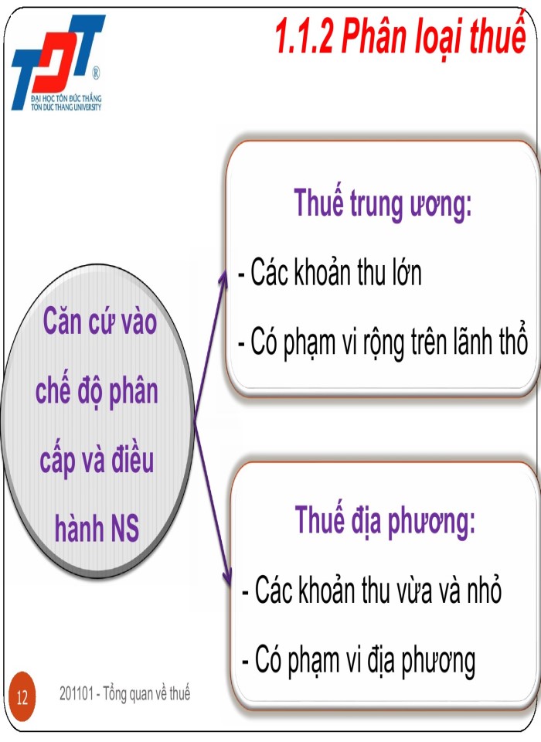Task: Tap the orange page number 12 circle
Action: [22, 698]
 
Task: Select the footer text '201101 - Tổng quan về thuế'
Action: [124, 694]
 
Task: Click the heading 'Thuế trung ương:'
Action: [383, 204]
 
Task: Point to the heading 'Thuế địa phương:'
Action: [384, 521]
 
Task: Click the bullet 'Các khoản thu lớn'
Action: [331, 274]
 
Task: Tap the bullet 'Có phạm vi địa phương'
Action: [358, 660]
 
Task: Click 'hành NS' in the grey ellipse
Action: [97, 530]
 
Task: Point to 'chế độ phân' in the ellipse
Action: [97, 391]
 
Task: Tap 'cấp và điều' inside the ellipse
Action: [97, 461]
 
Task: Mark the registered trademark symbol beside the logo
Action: [95, 74]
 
